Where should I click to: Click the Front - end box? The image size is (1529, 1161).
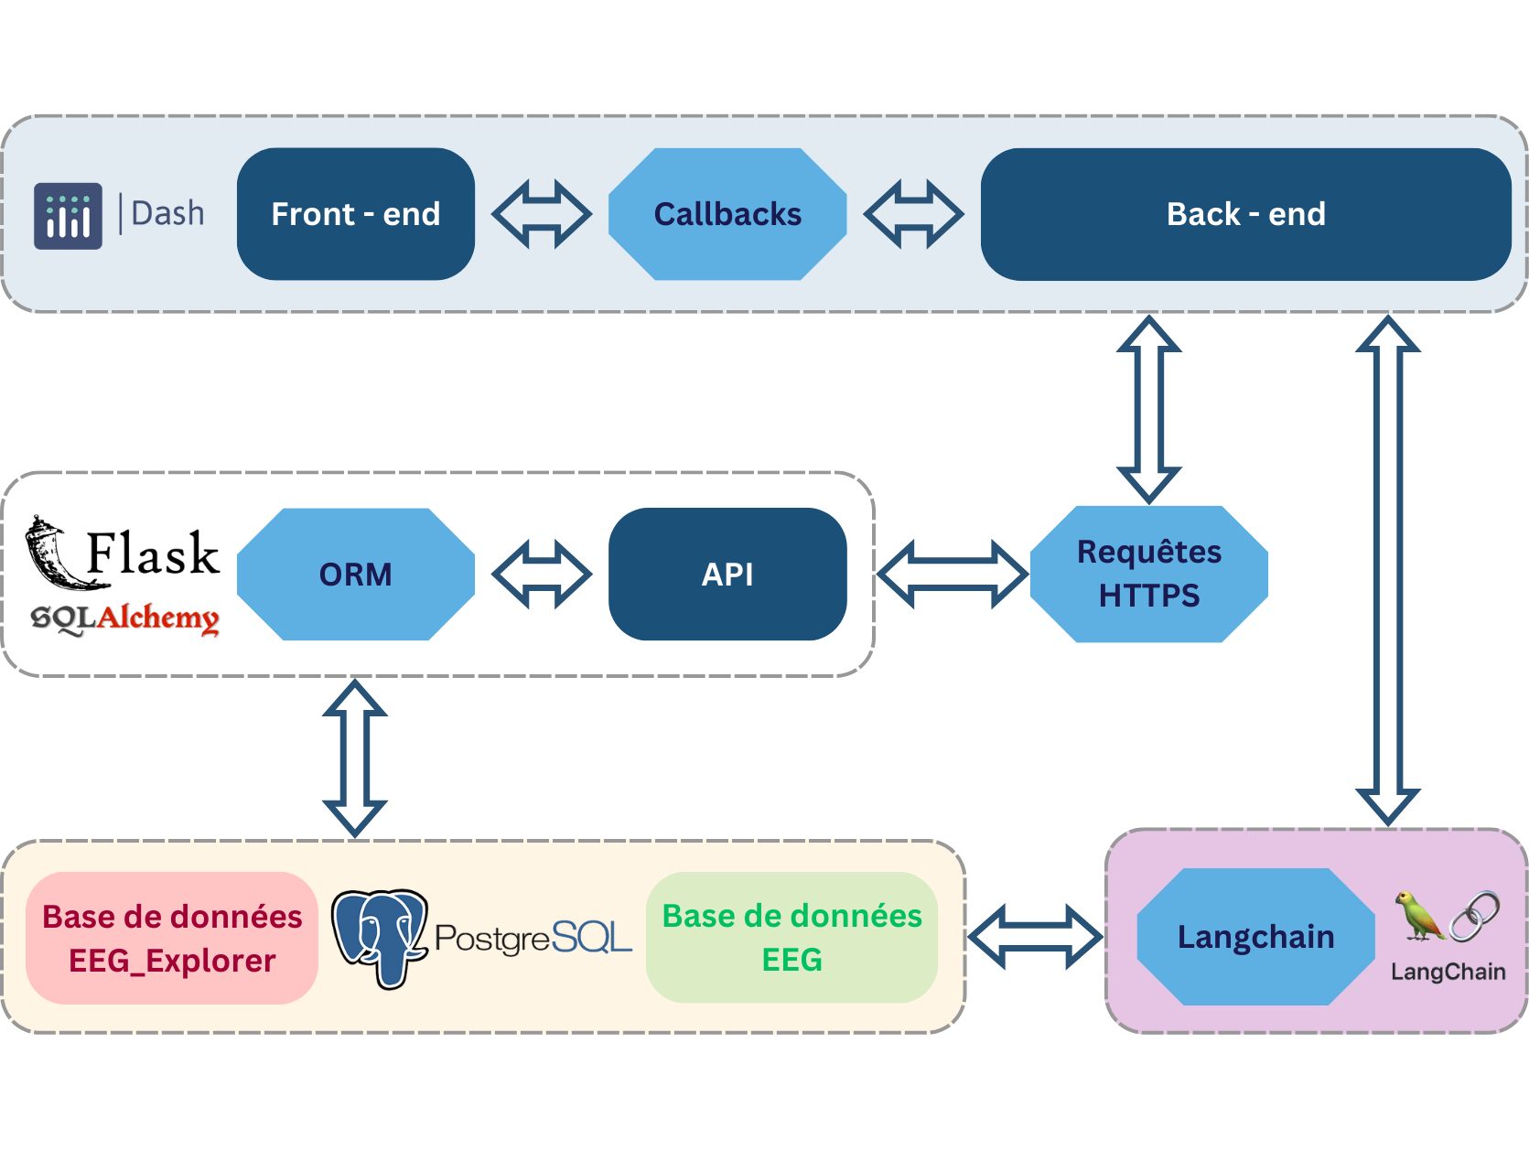355,214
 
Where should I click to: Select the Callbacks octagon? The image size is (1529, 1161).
727,214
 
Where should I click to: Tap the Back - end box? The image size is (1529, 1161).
1244,214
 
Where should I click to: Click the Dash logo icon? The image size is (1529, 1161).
68,216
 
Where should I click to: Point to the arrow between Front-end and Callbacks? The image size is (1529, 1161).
542,214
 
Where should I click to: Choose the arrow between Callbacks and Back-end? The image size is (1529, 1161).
913,214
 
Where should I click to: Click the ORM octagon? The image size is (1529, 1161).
355,575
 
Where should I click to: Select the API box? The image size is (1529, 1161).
727,575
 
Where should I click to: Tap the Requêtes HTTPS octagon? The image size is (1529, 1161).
1149,575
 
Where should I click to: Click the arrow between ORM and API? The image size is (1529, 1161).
542,575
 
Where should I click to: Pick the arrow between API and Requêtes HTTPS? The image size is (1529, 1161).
952,575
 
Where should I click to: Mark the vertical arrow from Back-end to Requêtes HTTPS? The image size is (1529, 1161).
1149,409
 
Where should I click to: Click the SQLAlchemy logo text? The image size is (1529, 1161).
125,618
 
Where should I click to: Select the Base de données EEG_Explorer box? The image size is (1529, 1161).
172,939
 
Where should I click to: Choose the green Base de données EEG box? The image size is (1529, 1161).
791,938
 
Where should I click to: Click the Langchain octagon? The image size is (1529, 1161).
1255,937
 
